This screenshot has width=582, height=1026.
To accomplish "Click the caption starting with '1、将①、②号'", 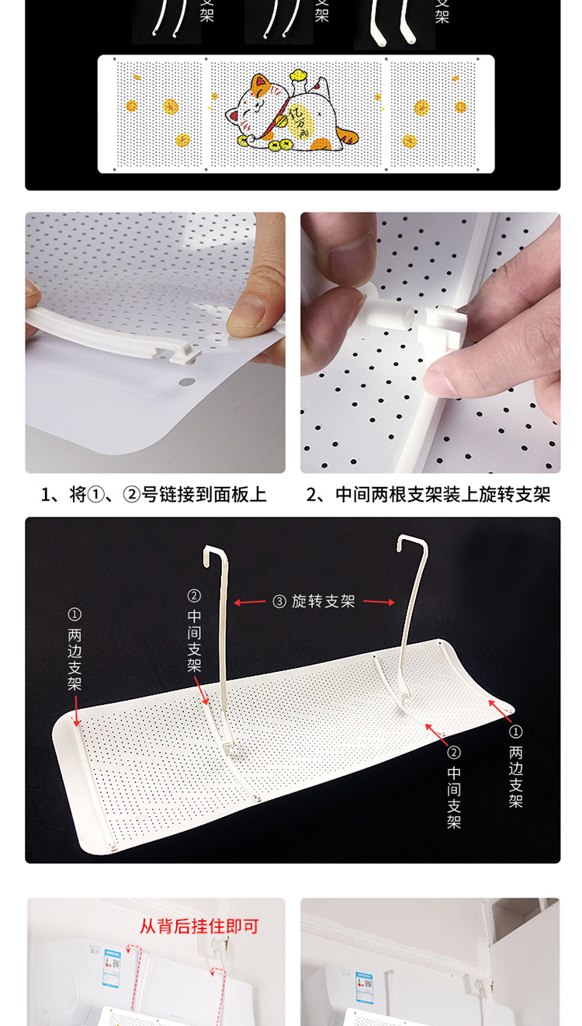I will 154,495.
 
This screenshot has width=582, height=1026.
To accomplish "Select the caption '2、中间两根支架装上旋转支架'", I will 428,495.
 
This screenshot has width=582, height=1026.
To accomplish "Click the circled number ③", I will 279,601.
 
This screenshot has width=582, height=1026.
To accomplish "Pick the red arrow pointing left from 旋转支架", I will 250,601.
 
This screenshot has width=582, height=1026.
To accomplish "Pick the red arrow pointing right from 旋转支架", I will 379,601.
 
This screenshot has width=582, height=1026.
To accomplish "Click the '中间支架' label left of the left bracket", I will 194,632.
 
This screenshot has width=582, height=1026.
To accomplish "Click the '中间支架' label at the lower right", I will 454,788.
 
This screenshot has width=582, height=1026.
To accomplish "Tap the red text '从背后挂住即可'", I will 199,926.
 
